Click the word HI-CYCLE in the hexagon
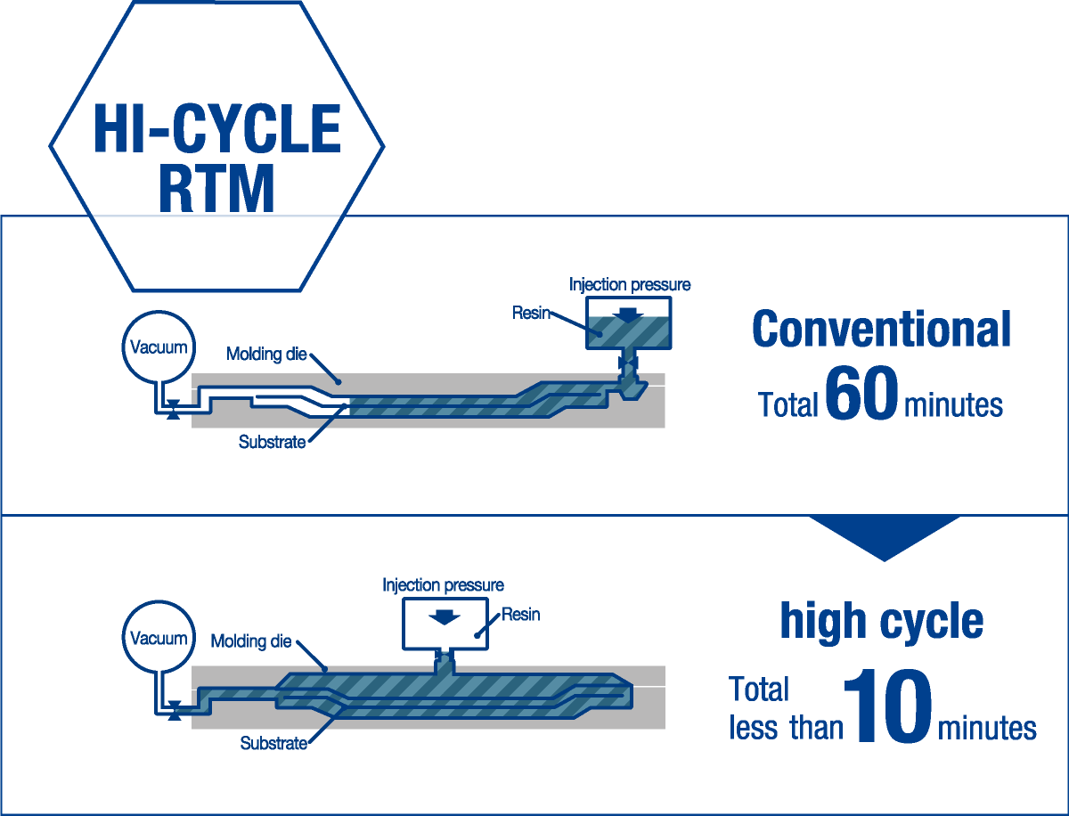click(216, 128)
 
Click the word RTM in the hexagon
click(216, 189)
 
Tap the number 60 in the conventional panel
click(861, 393)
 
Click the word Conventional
click(882, 329)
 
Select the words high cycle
click(882, 621)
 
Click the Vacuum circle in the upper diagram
click(159, 347)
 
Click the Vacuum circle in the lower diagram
click(159, 638)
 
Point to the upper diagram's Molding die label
click(266, 354)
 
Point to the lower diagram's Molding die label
click(251, 641)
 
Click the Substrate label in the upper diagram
click(273, 442)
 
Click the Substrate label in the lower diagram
click(273, 743)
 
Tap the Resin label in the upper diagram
click(531, 313)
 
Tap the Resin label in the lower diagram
click(520, 615)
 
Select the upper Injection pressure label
click(630, 284)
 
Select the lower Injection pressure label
click(443, 584)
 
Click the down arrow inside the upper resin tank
click(628, 315)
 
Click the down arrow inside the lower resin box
click(445, 616)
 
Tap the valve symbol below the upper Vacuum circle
click(174, 410)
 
